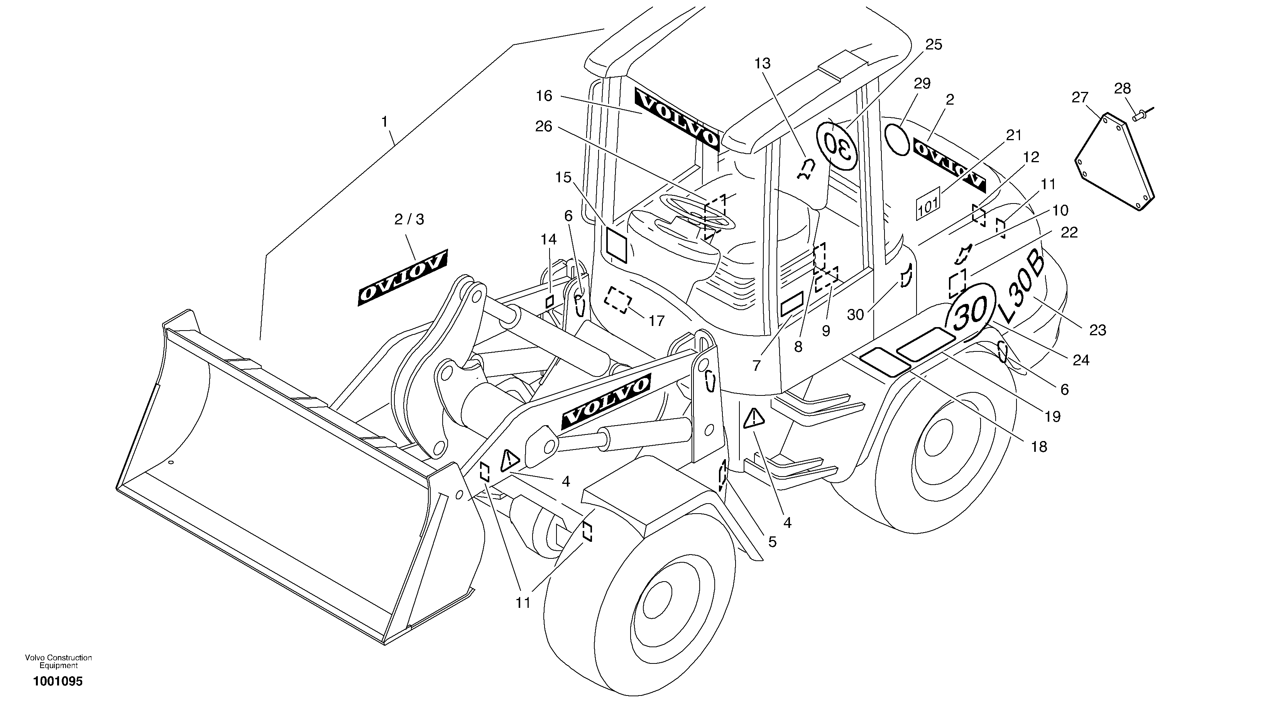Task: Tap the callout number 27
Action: click(x=1080, y=97)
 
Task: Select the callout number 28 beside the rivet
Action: click(x=1122, y=88)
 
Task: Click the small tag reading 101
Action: click(x=928, y=204)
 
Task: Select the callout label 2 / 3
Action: click(x=409, y=219)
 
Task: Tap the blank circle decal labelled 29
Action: click(x=897, y=140)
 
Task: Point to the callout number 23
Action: click(x=1097, y=330)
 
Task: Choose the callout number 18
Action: click(x=1039, y=446)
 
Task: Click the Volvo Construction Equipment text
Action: click(x=58, y=662)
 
